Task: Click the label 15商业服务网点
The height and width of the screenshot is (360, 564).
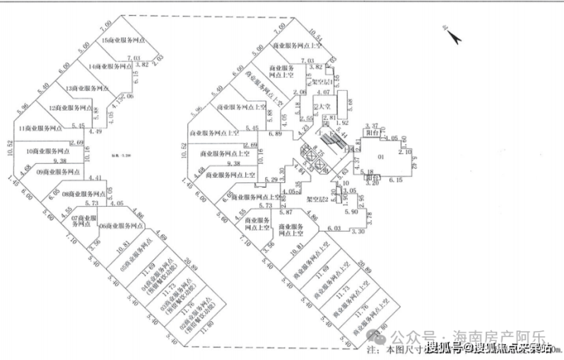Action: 127,40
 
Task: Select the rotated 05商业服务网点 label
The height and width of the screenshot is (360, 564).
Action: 136,263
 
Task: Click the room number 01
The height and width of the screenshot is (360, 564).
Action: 400,159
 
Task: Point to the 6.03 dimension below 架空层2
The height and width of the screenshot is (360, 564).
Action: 334,227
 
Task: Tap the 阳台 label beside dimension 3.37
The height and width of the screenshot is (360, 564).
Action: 374,131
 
